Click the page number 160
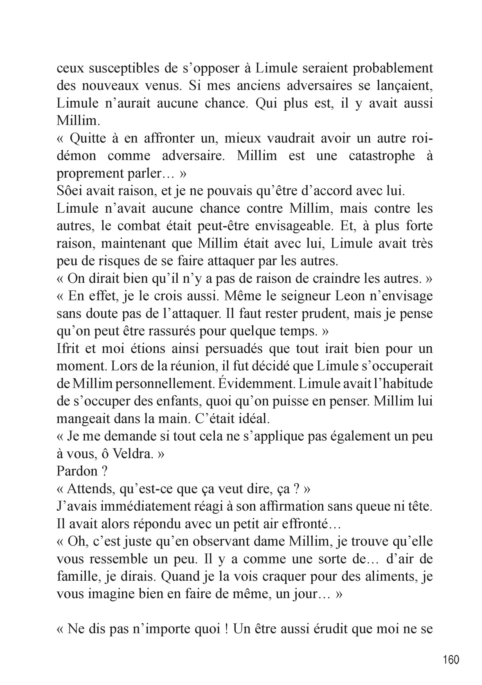click(451, 660)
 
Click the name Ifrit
click(67, 349)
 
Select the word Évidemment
click(252, 383)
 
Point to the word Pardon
click(77, 471)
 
